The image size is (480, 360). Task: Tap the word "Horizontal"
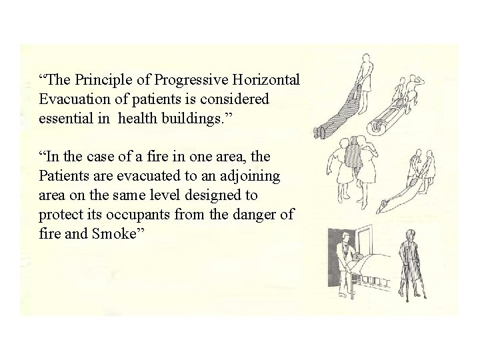[271, 81]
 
